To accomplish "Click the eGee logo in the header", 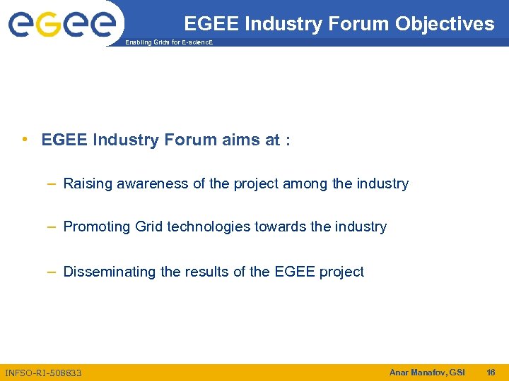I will [62, 24].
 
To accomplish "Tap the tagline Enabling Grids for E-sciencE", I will [168, 43].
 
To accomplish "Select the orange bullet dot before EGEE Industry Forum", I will [25, 139].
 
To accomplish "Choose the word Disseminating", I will [110, 272].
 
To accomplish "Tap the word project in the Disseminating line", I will [340, 272].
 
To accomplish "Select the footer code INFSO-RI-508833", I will [43, 373].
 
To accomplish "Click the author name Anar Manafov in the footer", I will [414, 372].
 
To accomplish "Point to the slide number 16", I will [491, 372].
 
